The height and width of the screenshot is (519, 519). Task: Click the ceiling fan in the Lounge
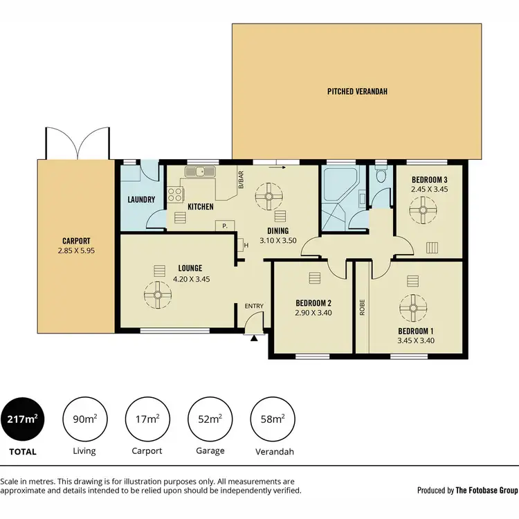pyautogui.click(x=158, y=296)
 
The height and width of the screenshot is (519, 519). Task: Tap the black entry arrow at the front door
pyautogui.click(x=255, y=338)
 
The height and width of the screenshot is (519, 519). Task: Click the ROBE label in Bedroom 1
pyautogui.click(x=362, y=307)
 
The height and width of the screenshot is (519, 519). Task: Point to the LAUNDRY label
pyautogui.click(x=141, y=201)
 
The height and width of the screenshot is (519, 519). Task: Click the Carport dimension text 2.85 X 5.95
pyautogui.click(x=76, y=251)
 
